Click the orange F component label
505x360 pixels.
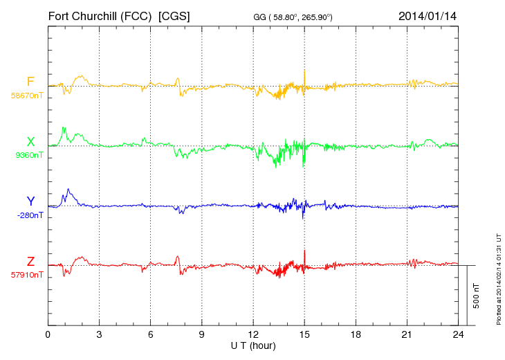30,82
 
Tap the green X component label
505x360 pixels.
30,142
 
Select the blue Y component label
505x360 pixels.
30,201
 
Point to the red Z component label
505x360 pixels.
30,261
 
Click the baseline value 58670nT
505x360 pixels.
28,96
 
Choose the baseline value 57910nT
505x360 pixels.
28,275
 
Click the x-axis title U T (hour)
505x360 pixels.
253,345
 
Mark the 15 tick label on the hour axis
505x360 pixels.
304,334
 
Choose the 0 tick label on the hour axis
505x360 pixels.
48,334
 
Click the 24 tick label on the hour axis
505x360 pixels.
458,334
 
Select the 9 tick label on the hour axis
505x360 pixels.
202,334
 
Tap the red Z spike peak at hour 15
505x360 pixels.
304,250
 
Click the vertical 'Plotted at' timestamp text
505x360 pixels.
499,278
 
